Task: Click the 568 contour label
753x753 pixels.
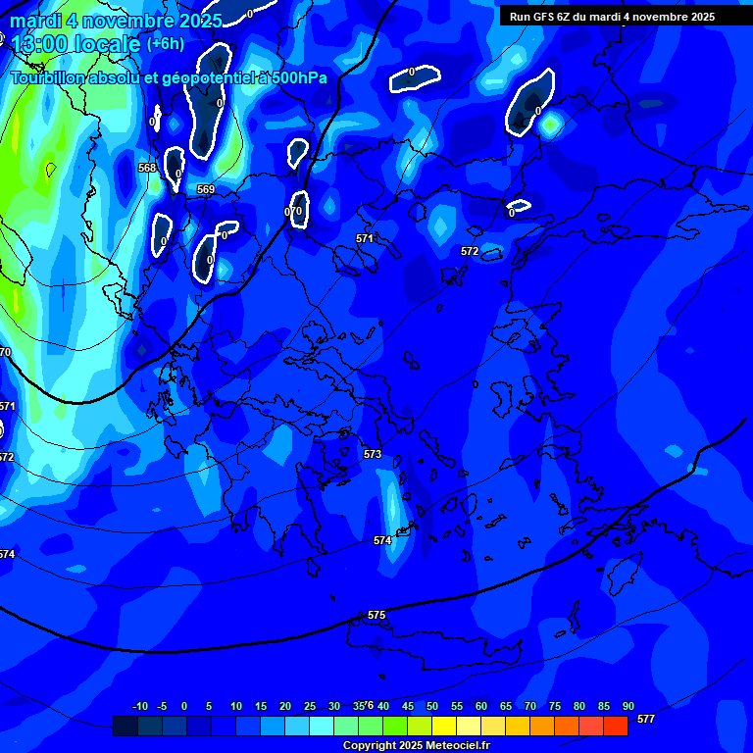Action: coord(147,168)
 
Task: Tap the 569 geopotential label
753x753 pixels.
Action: coord(206,189)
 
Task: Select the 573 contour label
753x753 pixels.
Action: coord(373,454)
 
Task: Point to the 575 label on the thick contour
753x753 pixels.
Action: coord(376,615)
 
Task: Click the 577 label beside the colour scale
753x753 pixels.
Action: coord(645,719)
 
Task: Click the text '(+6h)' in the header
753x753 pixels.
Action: coord(166,43)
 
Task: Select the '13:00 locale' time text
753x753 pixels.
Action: coord(75,44)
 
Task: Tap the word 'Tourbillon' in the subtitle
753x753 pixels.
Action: coord(49,77)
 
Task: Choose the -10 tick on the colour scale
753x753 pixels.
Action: coord(140,706)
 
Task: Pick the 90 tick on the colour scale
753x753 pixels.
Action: coord(627,706)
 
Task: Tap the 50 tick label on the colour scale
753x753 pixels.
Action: coord(431,706)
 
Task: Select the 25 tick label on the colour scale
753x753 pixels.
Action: coord(309,706)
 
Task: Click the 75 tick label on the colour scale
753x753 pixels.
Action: coord(554,706)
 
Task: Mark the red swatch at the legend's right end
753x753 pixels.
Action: coord(615,726)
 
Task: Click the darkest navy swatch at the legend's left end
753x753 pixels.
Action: coord(125,726)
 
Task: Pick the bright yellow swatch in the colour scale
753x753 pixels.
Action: coord(443,726)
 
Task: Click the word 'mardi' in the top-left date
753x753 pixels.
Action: coord(35,21)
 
